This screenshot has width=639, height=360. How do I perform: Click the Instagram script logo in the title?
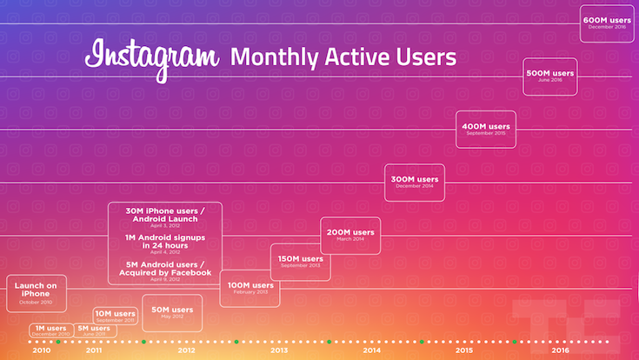pos(151,57)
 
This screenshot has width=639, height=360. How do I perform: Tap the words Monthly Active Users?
pos(343,58)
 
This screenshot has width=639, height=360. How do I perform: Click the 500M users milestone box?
pos(550,76)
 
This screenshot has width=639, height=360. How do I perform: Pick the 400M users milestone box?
pos(485,129)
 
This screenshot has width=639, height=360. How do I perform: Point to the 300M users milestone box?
pos(414,182)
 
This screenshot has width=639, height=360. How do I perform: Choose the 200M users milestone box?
pos(350,235)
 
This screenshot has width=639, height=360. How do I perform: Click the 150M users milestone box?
pos(300,262)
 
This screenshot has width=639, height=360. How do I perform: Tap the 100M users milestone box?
pos(250,288)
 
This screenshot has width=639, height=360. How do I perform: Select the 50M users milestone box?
pos(172,312)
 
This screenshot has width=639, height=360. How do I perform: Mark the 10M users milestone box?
pos(115,316)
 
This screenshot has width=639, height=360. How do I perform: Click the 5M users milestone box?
pos(94,330)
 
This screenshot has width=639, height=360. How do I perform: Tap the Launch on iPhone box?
pos(36,293)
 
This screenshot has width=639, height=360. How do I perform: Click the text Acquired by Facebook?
pos(165,273)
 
